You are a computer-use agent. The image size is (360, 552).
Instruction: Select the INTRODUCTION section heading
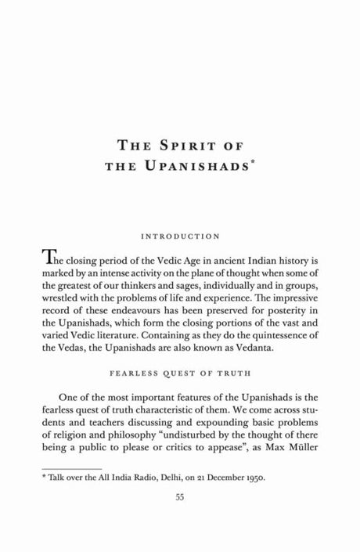(x=180, y=235)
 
